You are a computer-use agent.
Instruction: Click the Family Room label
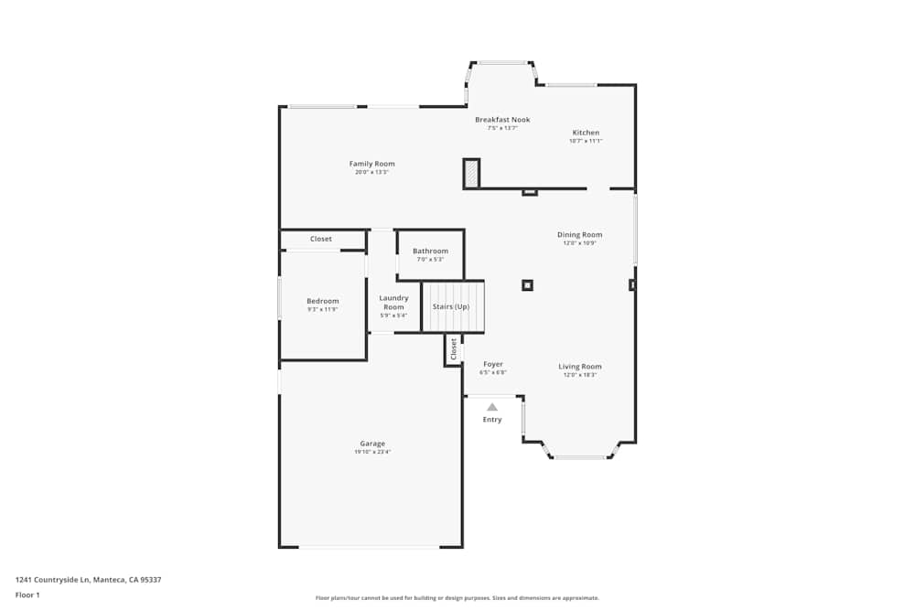[x=371, y=164]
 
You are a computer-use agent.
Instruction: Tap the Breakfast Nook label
[x=502, y=120]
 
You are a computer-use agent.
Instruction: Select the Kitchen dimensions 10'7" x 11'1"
[x=586, y=141]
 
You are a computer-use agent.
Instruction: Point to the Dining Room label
[x=579, y=235]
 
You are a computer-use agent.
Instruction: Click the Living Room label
[x=579, y=367]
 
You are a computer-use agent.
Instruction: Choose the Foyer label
[x=493, y=364]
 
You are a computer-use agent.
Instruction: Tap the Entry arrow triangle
[x=492, y=407]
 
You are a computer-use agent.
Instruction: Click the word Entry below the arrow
[x=492, y=420]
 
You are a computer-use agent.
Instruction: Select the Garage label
[x=372, y=444]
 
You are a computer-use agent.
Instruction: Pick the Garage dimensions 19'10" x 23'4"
[x=372, y=452]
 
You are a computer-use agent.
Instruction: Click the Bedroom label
[x=322, y=301]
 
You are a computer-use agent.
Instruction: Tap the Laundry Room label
[x=393, y=302]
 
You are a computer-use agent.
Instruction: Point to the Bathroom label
[x=430, y=251]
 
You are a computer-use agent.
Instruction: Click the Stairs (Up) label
[x=451, y=306]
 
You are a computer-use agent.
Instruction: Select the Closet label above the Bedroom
[x=321, y=239]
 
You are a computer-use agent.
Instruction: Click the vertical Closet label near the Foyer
[x=453, y=348]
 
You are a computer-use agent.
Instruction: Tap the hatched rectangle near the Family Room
[x=471, y=173]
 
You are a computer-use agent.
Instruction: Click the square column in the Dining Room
[x=527, y=285]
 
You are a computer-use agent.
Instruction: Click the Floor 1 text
[x=27, y=594]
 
